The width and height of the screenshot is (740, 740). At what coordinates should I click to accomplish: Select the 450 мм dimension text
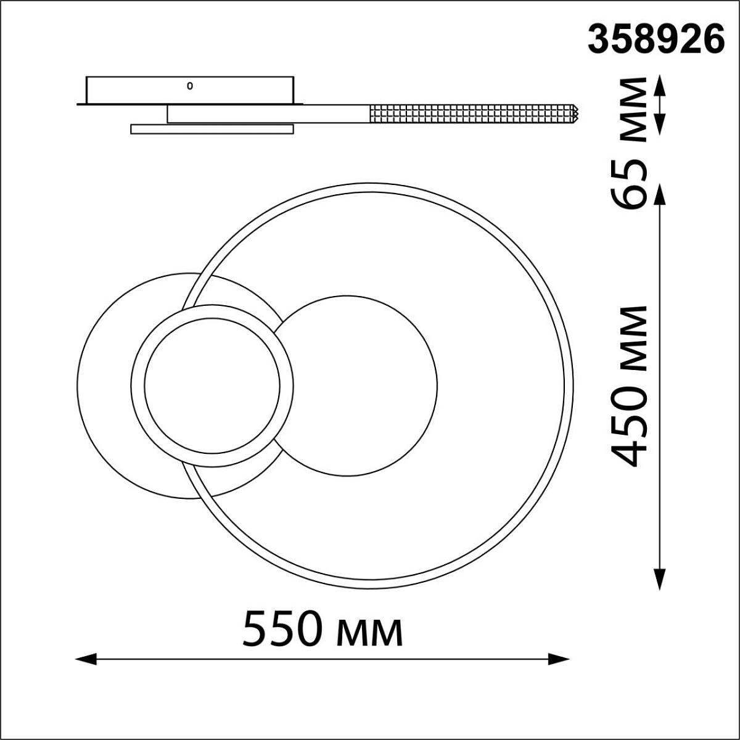[628, 386]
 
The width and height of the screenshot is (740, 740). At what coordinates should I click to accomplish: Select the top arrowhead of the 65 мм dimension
[660, 85]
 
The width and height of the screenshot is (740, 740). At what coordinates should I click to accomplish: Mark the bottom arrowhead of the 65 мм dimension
[660, 125]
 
